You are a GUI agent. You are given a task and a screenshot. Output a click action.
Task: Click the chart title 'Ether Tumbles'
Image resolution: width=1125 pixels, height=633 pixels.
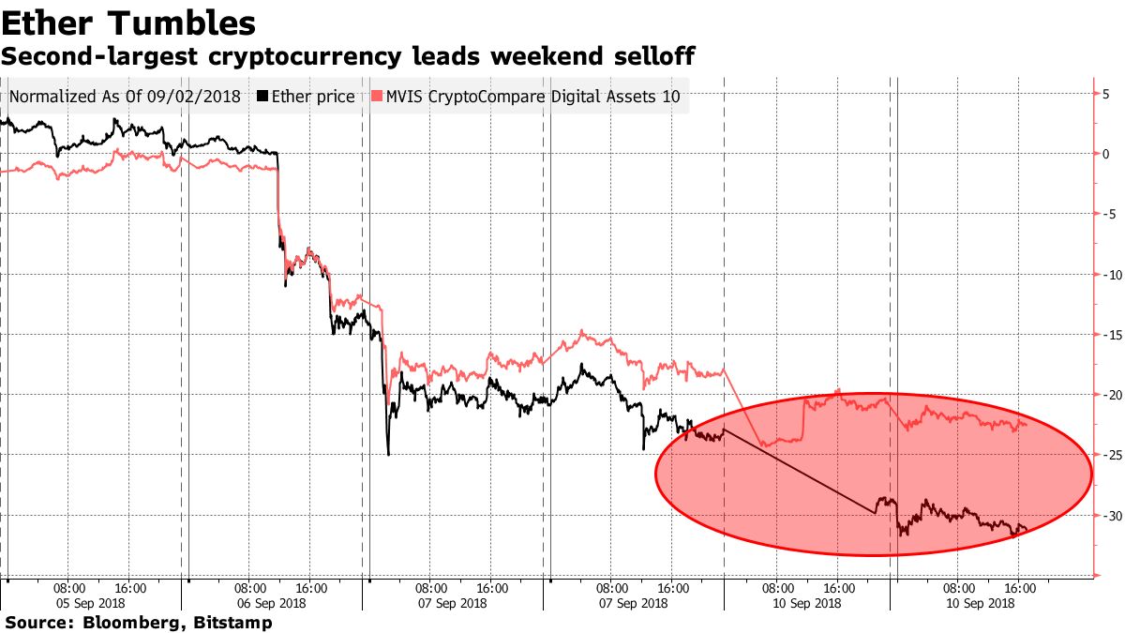pyautogui.click(x=128, y=22)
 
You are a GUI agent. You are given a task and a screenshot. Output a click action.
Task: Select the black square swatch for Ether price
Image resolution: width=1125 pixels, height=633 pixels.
pyautogui.click(x=262, y=97)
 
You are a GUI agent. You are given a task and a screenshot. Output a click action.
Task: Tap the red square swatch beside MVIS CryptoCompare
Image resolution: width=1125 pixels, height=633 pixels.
pyautogui.click(x=377, y=97)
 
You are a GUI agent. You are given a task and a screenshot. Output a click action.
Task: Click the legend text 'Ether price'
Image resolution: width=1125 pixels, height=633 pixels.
pyautogui.click(x=313, y=97)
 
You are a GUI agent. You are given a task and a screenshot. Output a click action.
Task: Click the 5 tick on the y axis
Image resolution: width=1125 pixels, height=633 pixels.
pyautogui.click(x=1106, y=93)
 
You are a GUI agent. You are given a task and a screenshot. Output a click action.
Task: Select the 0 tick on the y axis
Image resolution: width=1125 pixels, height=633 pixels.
pyautogui.click(x=1106, y=153)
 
